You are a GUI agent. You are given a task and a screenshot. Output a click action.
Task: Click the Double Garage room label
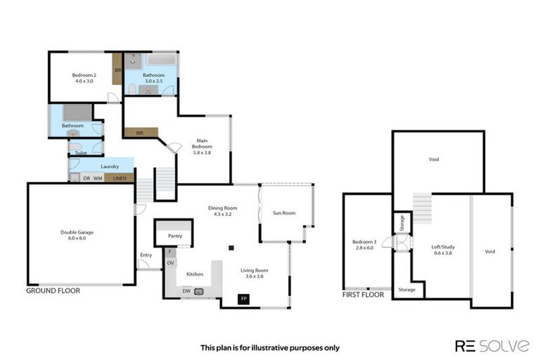[x=77, y=232]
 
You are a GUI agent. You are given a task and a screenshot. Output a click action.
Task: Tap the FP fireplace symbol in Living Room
[x=244, y=299]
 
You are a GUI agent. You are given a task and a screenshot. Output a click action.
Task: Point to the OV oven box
[x=170, y=263]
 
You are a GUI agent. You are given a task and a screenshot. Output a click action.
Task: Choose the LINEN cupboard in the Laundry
[x=120, y=179]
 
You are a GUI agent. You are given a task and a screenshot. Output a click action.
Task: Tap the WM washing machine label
[x=98, y=179]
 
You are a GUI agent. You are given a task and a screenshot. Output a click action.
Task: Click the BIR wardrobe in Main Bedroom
[x=141, y=131]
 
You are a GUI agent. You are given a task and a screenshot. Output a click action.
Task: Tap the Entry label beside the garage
[x=146, y=255]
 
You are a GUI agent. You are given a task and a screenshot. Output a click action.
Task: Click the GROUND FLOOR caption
[x=53, y=290]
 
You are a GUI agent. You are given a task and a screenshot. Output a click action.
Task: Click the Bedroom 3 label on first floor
[x=364, y=243]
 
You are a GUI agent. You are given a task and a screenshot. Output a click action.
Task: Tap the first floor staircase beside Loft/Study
[x=422, y=207]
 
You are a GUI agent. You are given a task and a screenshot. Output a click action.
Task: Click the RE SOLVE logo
[x=491, y=345]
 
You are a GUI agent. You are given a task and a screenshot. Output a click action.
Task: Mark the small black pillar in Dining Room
[x=231, y=247]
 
